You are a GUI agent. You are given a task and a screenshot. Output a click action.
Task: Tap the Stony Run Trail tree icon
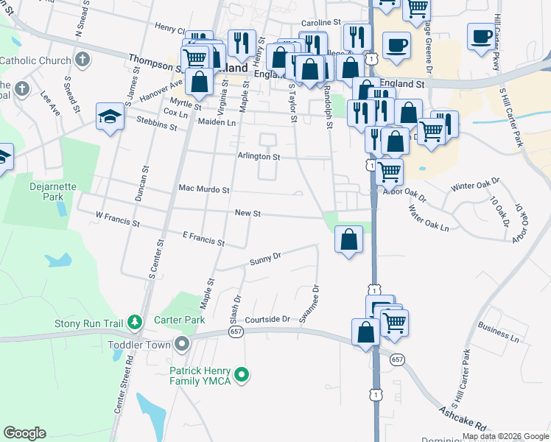click(x=134, y=322)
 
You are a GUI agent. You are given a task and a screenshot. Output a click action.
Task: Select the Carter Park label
click(x=178, y=320)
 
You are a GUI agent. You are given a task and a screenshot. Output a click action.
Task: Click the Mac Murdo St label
click(x=204, y=189)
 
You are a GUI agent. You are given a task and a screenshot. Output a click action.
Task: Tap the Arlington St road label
click(x=259, y=157)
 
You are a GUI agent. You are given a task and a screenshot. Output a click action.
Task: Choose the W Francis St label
click(x=117, y=218)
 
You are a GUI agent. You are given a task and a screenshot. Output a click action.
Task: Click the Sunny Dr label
click(x=265, y=259)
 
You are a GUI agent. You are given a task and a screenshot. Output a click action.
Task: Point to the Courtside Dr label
click(x=268, y=320)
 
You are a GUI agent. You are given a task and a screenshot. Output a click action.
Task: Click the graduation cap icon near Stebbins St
click(x=110, y=116)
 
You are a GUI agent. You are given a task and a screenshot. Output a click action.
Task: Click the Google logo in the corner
click(x=25, y=433)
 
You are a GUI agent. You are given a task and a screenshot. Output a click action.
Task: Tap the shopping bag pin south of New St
click(x=348, y=239)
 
